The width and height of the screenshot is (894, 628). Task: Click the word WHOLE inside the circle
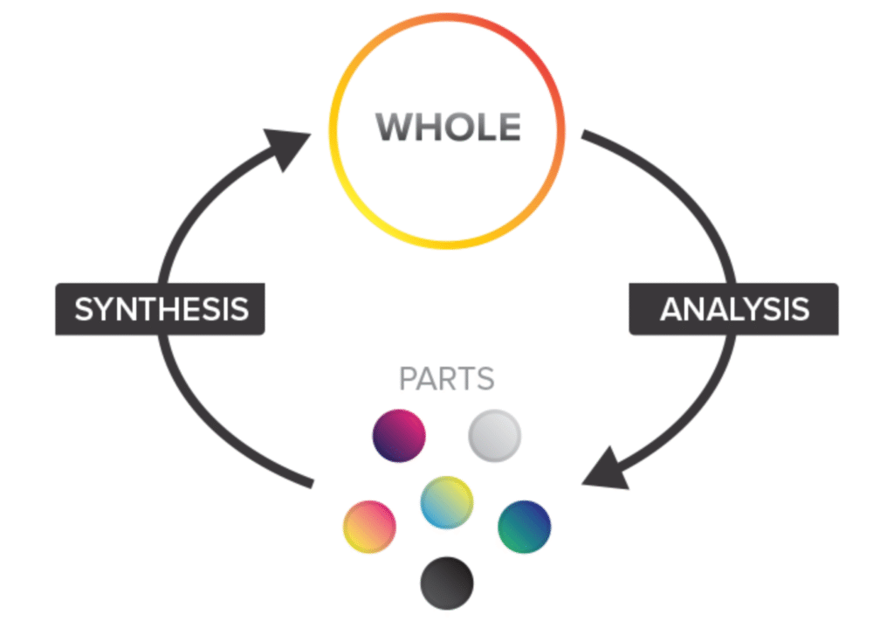click(448, 128)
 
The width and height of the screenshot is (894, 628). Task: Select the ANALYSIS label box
click(733, 309)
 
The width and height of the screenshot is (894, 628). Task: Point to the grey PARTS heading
click(446, 380)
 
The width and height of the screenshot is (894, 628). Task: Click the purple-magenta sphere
click(399, 434)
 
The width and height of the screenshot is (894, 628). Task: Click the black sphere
click(446, 582)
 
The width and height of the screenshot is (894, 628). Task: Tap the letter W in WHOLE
click(394, 128)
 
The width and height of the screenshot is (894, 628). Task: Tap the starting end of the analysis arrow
click(587, 136)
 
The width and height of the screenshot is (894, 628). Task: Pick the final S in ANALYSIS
click(797, 309)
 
